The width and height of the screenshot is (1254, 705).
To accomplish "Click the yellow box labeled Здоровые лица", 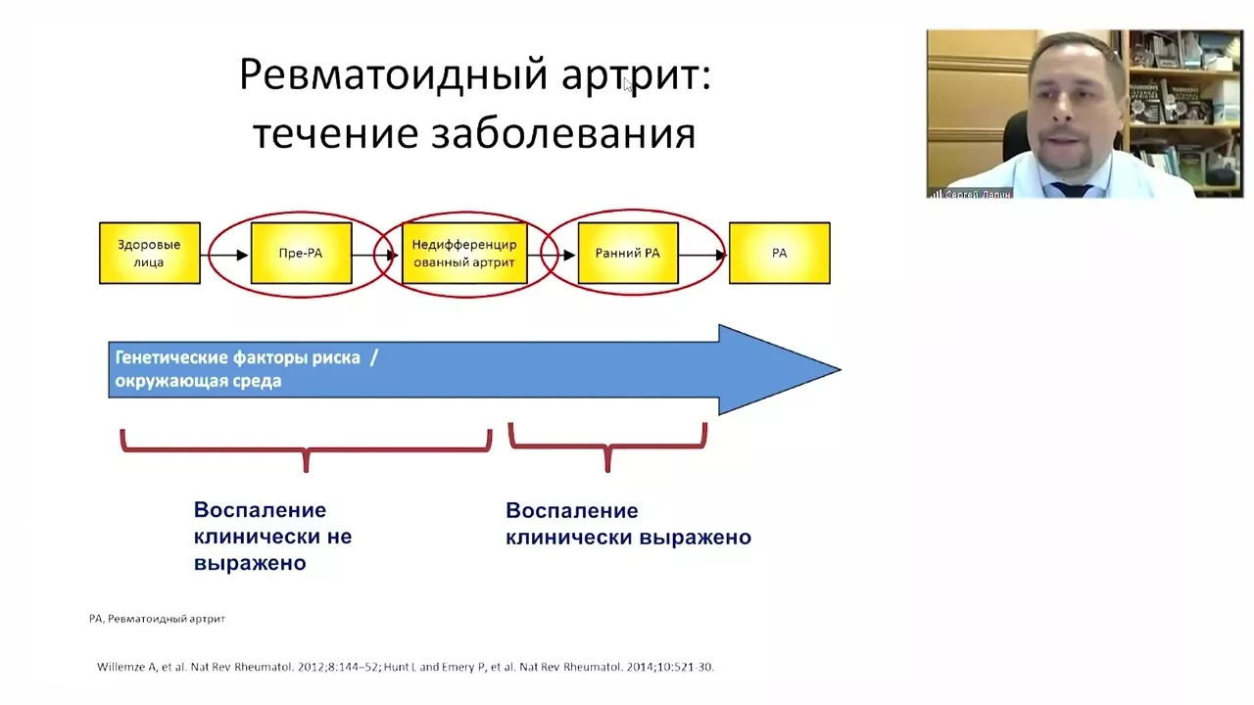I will [x=150, y=254].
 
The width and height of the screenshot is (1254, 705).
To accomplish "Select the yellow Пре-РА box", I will [x=301, y=254].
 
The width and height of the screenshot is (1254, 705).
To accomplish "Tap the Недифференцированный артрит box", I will [x=464, y=254].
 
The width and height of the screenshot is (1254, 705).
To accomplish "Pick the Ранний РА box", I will [x=628, y=254].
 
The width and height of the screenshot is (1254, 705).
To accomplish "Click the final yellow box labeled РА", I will [x=780, y=254].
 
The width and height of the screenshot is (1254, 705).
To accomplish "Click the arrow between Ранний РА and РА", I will [x=702, y=256].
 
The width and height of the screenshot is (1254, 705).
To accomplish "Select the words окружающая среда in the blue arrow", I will [x=198, y=381].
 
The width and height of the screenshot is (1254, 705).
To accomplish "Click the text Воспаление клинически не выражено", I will [x=272, y=537].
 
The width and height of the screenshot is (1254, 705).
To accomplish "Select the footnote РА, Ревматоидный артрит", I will [x=157, y=619].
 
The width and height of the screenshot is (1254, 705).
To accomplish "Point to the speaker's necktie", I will [x=1070, y=188].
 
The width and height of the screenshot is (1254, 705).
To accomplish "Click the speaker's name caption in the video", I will [x=977, y=194].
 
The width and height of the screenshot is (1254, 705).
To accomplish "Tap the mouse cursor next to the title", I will [x=628, y=84].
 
